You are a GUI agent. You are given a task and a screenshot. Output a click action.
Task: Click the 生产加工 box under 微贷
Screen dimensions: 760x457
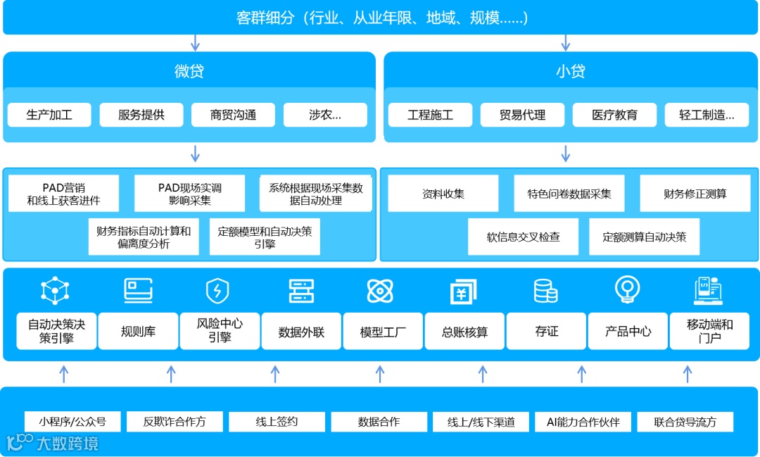(x=49, y=115)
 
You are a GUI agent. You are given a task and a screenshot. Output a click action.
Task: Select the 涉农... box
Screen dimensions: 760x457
(x=325, y=115)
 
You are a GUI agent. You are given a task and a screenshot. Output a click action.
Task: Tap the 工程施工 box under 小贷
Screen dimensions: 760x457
(x=430, y=115)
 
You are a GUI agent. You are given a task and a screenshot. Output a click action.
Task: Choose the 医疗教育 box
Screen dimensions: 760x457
(x=614, y=115)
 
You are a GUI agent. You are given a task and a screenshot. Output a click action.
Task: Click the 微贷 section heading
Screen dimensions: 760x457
(x=189, y=71)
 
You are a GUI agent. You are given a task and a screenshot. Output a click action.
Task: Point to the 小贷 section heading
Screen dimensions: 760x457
(x=570, y=71)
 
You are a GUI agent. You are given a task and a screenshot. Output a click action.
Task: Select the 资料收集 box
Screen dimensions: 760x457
(x=443, y=194)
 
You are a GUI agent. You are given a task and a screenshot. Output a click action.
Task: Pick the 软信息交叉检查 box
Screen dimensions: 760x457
(x=524, y=237)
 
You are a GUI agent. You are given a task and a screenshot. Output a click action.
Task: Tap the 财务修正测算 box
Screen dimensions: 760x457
(x=695, y=194)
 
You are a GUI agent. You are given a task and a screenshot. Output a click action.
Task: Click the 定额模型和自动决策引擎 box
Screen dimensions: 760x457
(x=265, y=237)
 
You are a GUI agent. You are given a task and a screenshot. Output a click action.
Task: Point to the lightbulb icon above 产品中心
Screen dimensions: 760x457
(x=626, y=289)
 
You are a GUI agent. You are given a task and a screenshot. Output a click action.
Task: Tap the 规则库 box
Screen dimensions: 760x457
(x=138, y=332)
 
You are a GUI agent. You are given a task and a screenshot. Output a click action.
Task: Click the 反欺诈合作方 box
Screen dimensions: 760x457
(x=175, y=422)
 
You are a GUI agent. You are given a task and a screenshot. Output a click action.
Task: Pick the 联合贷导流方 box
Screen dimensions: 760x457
(x=685, y=422)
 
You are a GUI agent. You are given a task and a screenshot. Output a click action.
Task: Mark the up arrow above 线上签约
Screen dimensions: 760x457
(x=275, y=374)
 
